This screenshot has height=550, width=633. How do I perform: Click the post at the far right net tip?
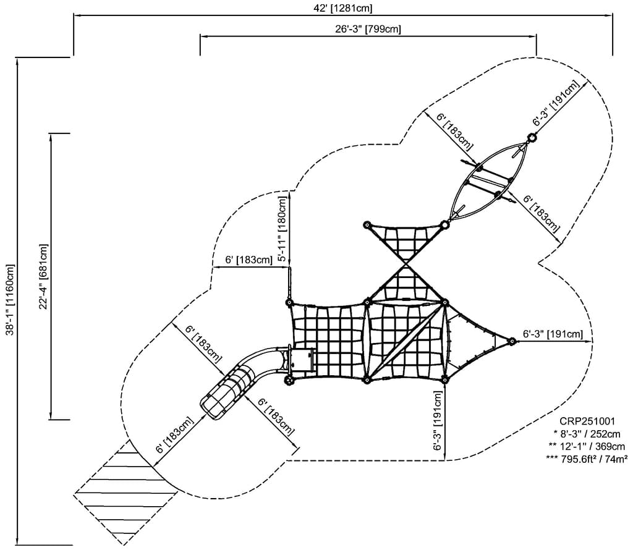[x=512, y=341]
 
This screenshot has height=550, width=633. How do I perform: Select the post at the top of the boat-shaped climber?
[x=532, y=137]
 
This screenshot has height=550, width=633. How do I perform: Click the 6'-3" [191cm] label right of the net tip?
[x=553, y=334]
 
